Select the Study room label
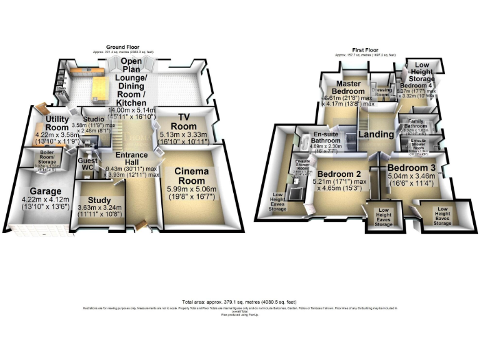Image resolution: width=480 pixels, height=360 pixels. point(100,201)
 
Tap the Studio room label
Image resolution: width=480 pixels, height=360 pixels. point(94,119)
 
